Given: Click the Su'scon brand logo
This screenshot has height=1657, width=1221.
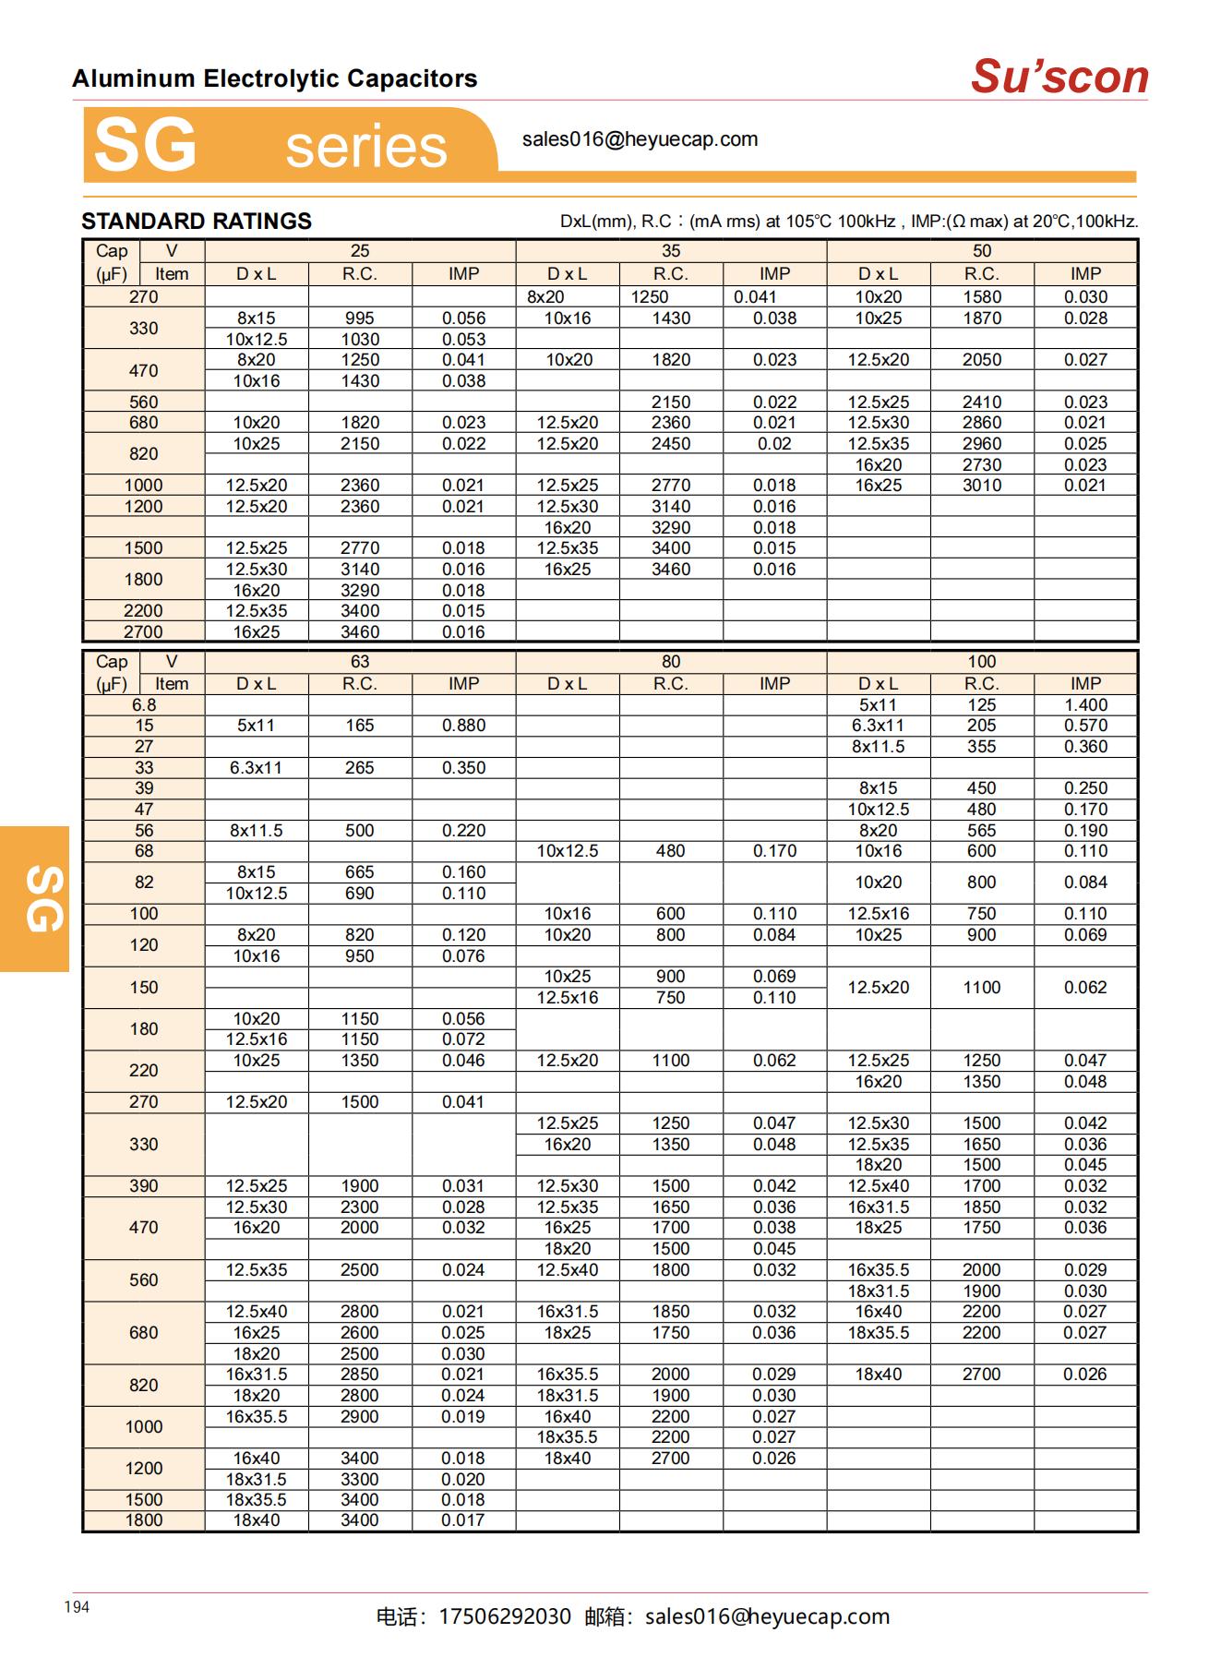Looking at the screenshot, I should pyautogui.click(x=1059, y=77).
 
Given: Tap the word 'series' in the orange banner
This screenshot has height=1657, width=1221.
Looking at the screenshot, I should pyautogui.click(x=366, y=147).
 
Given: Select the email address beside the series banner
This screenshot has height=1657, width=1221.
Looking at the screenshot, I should pyautogui.click(x=640, y=139).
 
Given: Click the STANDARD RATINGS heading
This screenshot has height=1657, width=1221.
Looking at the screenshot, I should pyautogui.click(x=197, y=222).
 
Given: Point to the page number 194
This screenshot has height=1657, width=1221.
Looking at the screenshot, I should pyautogui.click(x=77, y=1607).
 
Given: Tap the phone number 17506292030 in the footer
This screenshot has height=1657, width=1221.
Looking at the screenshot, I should pyautogui.click(x=505, y=1616).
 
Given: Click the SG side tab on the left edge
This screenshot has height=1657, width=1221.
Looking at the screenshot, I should pyautogui.click(x=35, y=898).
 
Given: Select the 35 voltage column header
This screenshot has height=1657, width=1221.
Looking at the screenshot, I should pyautogui.click(x=671, y=251).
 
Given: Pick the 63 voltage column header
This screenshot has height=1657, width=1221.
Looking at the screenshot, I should pyautogui.click(x=360, y=662).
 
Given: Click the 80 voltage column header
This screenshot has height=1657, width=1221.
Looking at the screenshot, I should pyautogui.click(x=671, y=662).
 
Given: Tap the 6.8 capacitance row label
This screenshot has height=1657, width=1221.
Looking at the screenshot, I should pyautogui.click(x=144, y=705).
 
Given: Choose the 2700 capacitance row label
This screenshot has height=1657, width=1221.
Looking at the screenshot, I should pyautogui.click(x=143, y=632).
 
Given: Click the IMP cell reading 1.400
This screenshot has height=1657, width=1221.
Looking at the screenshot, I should pyautogui.click(x=1085, y=705).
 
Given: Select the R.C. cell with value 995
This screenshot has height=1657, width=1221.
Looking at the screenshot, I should pyautogui.click(x=360, y=318).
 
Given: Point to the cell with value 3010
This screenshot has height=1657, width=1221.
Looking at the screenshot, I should pyautogui.click(x=982, y=486).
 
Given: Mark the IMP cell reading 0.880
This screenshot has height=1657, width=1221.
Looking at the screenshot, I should pyautogui.click(x=463, y=726).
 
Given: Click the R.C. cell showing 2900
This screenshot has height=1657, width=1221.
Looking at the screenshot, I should pyautogui.click(x=360, y=1417).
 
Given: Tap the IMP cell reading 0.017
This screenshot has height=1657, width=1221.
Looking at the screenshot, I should pyautogui.click(x=463, y=1520).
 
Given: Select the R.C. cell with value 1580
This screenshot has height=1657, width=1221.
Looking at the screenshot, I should pyautogui.click(x=982, y=297).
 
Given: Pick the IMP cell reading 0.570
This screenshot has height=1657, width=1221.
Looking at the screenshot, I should pyautogui.click(x=1085, y=726).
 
